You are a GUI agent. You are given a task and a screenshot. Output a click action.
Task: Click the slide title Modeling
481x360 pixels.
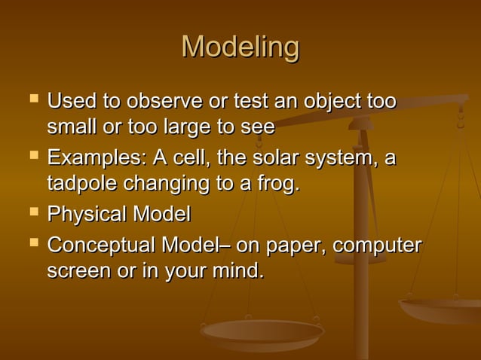coord(240,47)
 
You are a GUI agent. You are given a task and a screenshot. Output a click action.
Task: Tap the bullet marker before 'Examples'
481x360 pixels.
coord(31,157)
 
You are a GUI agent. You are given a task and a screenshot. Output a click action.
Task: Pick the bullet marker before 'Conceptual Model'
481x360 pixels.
coord(31,243)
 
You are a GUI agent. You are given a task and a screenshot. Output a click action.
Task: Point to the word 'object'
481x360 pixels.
coord(322,101)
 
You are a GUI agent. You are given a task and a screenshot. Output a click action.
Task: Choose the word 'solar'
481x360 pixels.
coord(278,159)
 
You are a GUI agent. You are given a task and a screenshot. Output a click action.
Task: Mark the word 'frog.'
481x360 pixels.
coord(274,184)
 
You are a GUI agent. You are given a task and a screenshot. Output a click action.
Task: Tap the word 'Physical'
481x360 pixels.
coord(87,215)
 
